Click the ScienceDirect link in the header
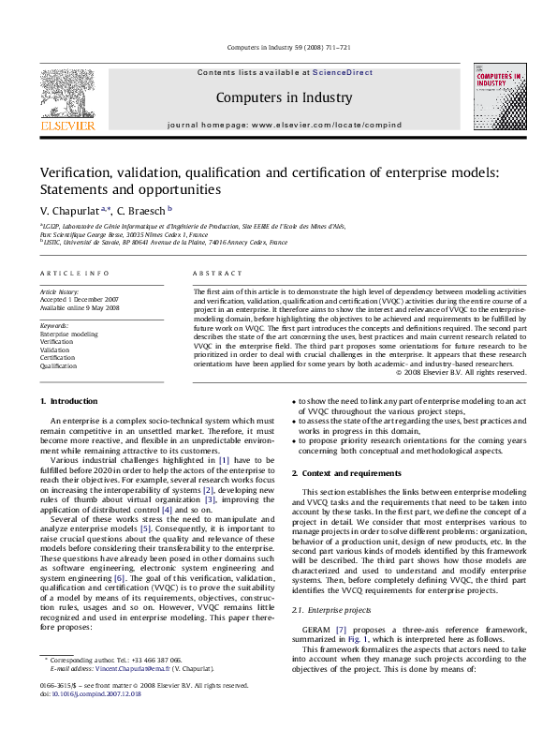point(342,72)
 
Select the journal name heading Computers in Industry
point(284,97)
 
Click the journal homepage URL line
point(284,125)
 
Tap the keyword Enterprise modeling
point(68,334)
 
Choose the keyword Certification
point(57,358)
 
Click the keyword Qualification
point(58,366)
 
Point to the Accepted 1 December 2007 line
point(80,299)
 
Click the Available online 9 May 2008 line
point(80,307)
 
